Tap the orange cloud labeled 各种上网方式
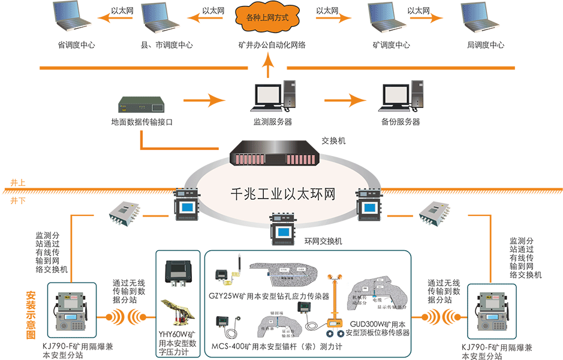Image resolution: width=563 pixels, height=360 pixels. coord(267,17)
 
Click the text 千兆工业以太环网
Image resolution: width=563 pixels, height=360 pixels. coord(282,195)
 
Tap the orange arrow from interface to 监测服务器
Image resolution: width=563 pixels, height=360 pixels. coord(210,99)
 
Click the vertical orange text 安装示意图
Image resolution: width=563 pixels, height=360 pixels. coord(31,315)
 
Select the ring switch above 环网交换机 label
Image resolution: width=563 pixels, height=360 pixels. coord(281,226)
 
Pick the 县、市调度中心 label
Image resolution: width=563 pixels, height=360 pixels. coord(167,45)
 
